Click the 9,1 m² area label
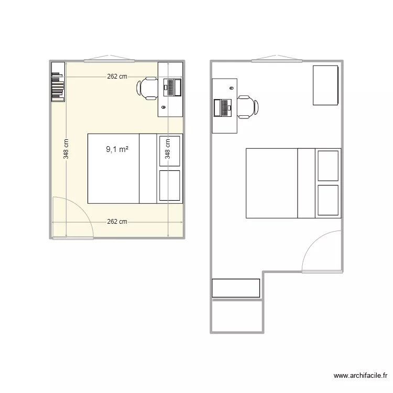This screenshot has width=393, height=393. (117, 149)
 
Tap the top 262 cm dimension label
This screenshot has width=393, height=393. (117, 77)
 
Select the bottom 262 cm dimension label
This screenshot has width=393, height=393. (117, 222)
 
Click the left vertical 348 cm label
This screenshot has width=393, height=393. (67, 149)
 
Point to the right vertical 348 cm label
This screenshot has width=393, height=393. (168, 149)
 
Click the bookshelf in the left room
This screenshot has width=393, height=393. (58, 82)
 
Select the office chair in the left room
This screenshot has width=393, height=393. (147, 88)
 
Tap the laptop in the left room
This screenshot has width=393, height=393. (172, 87)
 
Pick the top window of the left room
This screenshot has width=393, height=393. (110, 59)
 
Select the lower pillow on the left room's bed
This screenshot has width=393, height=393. (170, 185)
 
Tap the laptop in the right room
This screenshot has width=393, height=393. (223, 107)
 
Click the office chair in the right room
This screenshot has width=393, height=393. (247, 107)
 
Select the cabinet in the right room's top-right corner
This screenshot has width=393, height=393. (325, 85)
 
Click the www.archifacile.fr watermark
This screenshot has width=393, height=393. (362, 376)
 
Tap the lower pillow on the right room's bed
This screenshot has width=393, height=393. (328, 200)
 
